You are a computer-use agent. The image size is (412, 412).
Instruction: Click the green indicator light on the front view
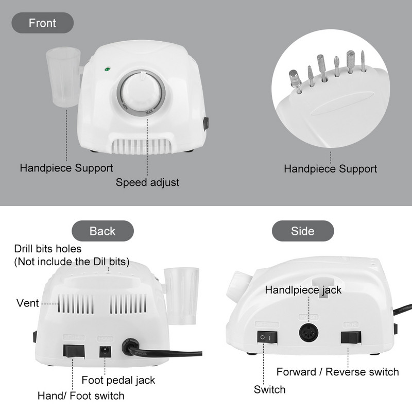(x=107, y=70)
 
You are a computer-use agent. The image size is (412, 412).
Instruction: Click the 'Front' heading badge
(x=43, y=23)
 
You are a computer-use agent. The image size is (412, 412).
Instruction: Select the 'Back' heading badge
(x=102, y=231)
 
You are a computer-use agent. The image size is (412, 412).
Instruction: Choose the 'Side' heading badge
(x=303, y=231)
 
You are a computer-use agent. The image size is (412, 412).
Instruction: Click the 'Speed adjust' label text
(x=147, y=182)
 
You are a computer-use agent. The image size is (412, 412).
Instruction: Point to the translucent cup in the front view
(x=63, y=77)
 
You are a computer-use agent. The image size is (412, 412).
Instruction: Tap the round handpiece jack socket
(x=308, y=333)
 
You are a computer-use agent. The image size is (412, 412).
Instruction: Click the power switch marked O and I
(x=267, y=337)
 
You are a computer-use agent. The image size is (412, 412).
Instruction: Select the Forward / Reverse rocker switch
(x=351, y=337)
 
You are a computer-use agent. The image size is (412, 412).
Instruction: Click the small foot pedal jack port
(x=106, y=352)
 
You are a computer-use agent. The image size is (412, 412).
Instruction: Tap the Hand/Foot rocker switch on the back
(x=74, y=351)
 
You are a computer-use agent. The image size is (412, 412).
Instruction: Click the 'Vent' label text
(x=28, y=303)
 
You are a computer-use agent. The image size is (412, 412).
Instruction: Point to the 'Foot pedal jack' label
(x=118, y=380)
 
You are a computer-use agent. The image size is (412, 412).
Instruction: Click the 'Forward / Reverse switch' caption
(x=338, y=372)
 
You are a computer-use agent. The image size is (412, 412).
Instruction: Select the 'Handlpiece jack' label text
(x=303, y=290)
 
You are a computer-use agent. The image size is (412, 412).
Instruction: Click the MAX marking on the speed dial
(x=149, y=112)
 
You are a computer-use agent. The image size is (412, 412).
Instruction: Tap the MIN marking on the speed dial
(x=125, y=106)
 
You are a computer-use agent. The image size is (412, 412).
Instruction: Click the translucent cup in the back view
(x=181, y=296)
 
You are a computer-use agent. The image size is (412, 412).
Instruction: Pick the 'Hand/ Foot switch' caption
(x=81, y=396)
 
